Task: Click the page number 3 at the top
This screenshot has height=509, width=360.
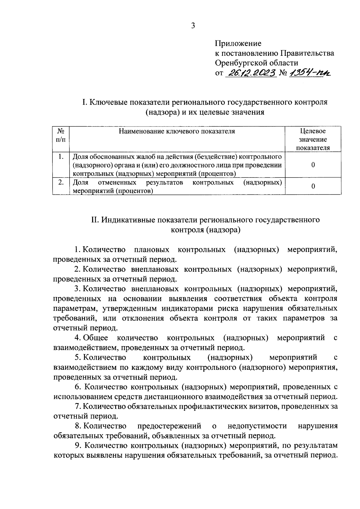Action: (x=193, y=26)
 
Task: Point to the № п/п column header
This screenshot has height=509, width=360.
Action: (x=61, y=135)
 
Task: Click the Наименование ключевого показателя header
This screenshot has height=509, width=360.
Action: (x=177, y=131)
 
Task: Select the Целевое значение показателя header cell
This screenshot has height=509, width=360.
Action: (x=313, y=139)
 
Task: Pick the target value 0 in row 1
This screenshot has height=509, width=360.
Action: (x=313, y=165)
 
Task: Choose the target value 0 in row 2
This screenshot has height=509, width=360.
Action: (x=313, y=186)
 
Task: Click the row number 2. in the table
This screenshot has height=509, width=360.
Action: (x=61, y=182)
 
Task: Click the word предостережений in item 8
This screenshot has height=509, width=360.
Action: (x=169, y=426)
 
